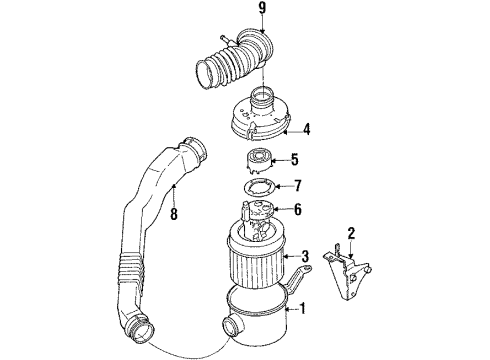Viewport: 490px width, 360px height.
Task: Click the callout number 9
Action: click(262, 11)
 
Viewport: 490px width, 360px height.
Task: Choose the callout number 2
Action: click(352, 234)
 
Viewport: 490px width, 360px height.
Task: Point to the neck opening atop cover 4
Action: click(264, 97)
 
